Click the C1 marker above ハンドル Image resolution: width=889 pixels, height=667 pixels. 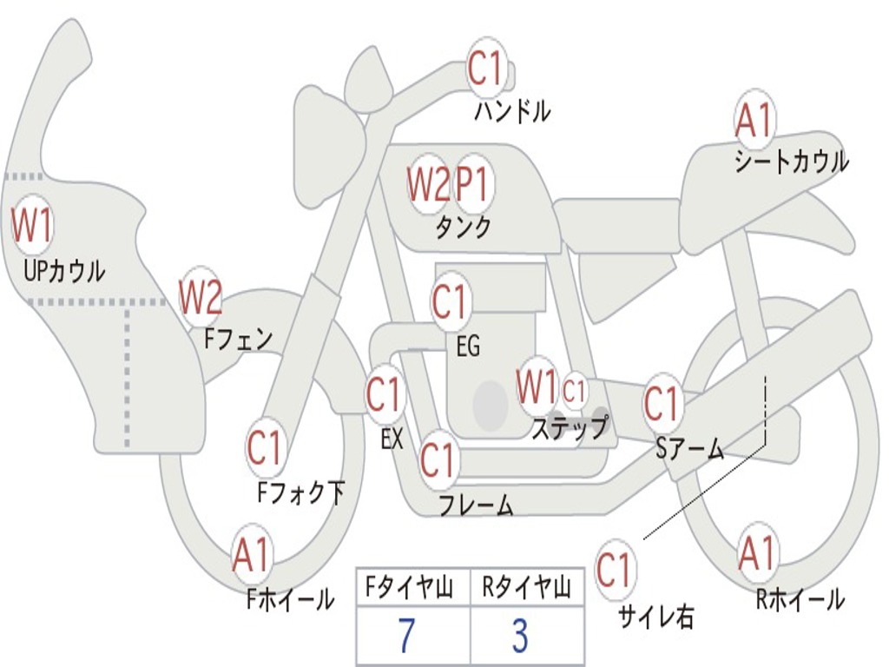pyautogui.click(x=486, y=69)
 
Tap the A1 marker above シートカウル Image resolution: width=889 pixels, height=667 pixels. pyautogui.click(x=754, y=121)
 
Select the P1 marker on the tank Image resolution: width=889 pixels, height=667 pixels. pyautogui.click(x=473, y=184)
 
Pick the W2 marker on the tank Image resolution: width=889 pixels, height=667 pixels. pyautogui.click(x=429, y=184)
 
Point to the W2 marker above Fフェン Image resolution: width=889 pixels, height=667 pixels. pyautogui.click(x=201, y=298)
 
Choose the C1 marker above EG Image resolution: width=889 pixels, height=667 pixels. pyautogui.click(x=450, y=302)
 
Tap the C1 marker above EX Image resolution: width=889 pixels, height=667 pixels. pyautogui.click(x=385, y=395)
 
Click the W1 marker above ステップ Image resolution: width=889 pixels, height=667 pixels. pyautogui.click(x=537, y=386)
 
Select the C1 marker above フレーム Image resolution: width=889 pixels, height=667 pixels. pyautogui.click(x=438, y=460)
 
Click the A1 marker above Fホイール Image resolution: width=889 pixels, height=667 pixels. pyautogui.click(x=251, y=555)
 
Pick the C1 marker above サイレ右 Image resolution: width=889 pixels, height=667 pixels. pyautogui.click(x=615, y=571)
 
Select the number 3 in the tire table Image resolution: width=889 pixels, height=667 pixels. pyautogui.click(x=519, y=637)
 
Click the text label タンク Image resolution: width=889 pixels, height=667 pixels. pyautogui.click(x=463, y=228)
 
